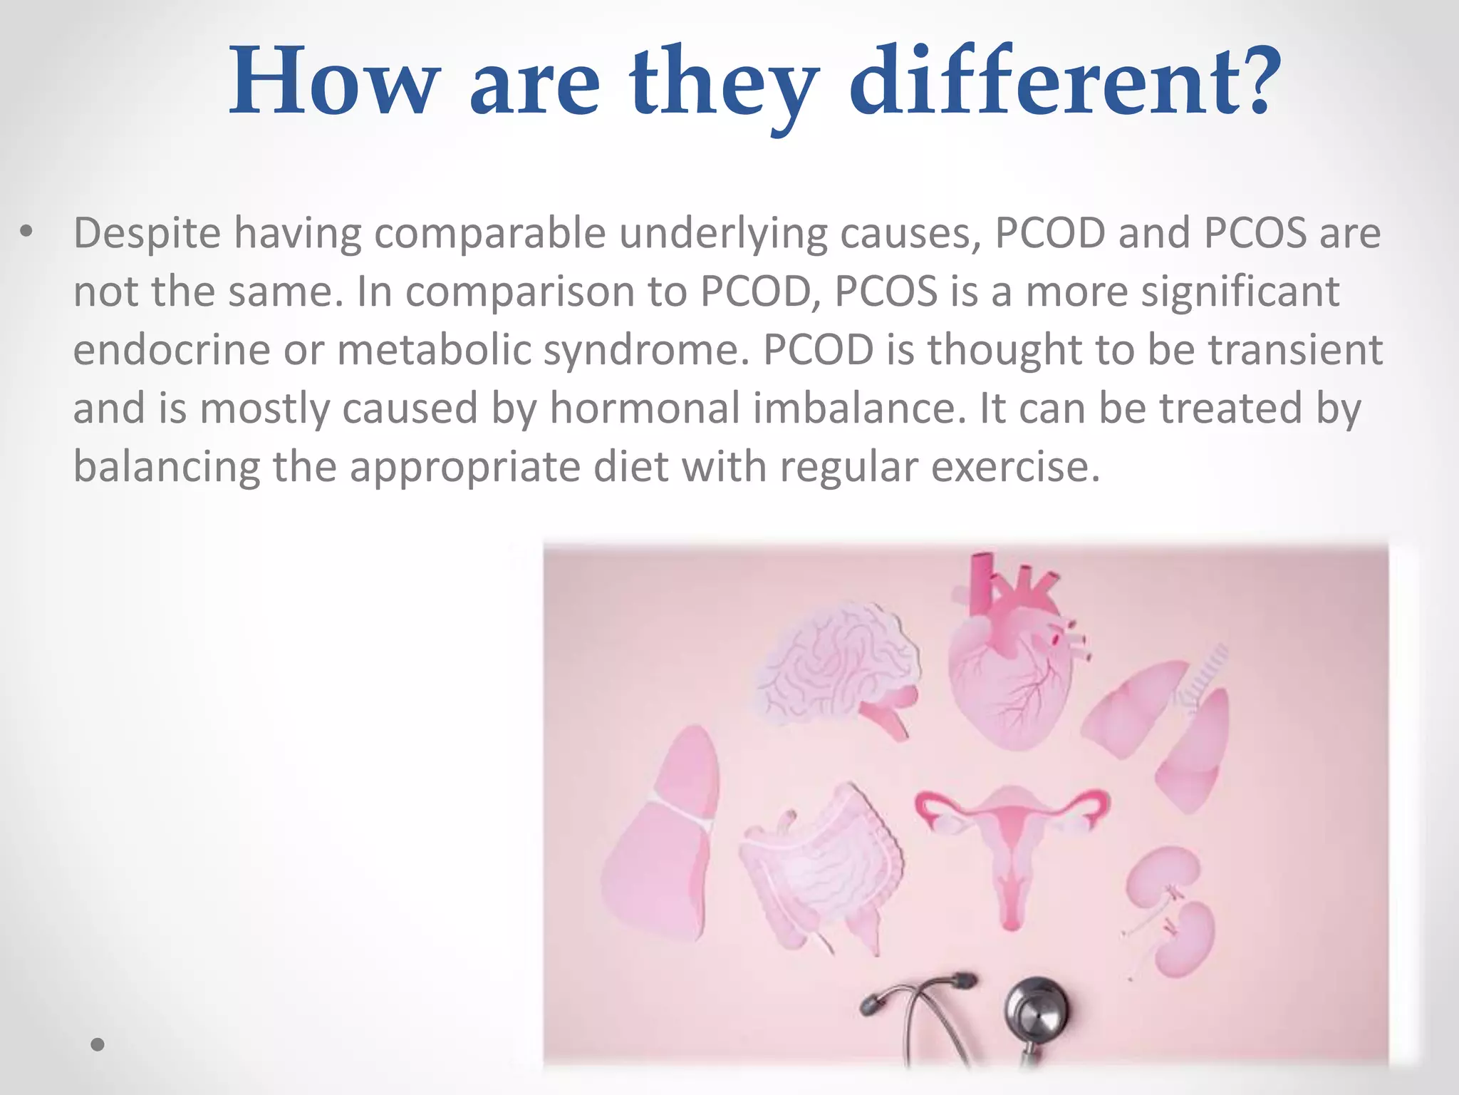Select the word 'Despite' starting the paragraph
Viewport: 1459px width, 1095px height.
147,234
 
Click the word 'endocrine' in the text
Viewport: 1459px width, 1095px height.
172,351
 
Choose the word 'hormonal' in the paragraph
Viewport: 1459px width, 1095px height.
644,409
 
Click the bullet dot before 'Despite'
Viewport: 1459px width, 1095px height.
26,232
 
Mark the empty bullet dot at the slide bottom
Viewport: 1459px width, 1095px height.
98,1045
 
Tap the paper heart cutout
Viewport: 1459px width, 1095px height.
1012,663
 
